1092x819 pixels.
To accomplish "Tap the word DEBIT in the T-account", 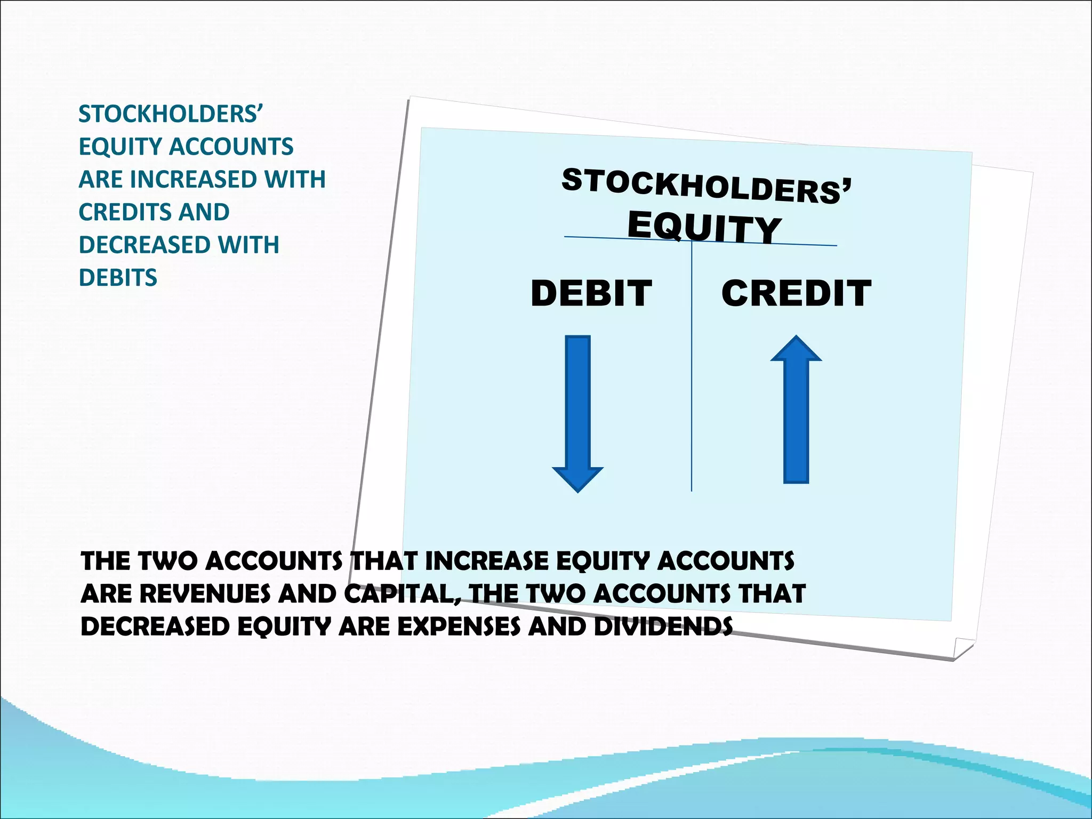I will [x=591, y=293].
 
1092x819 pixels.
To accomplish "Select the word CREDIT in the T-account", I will [x=796, y=293].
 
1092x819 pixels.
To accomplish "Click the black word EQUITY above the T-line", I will [x=704, y=228].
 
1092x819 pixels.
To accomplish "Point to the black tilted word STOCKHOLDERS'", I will [x=706, y=186].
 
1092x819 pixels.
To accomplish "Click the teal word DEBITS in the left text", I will [x=118, y=278].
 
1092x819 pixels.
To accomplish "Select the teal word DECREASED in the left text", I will [x=139, y=245].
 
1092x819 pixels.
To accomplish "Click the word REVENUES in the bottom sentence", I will [x=205, y=594].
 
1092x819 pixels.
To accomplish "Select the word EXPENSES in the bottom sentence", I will [x=459, y=627].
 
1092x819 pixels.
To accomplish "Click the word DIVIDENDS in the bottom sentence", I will [x=663, y=627].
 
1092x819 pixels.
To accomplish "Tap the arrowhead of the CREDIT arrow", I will [x=796, y=350].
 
